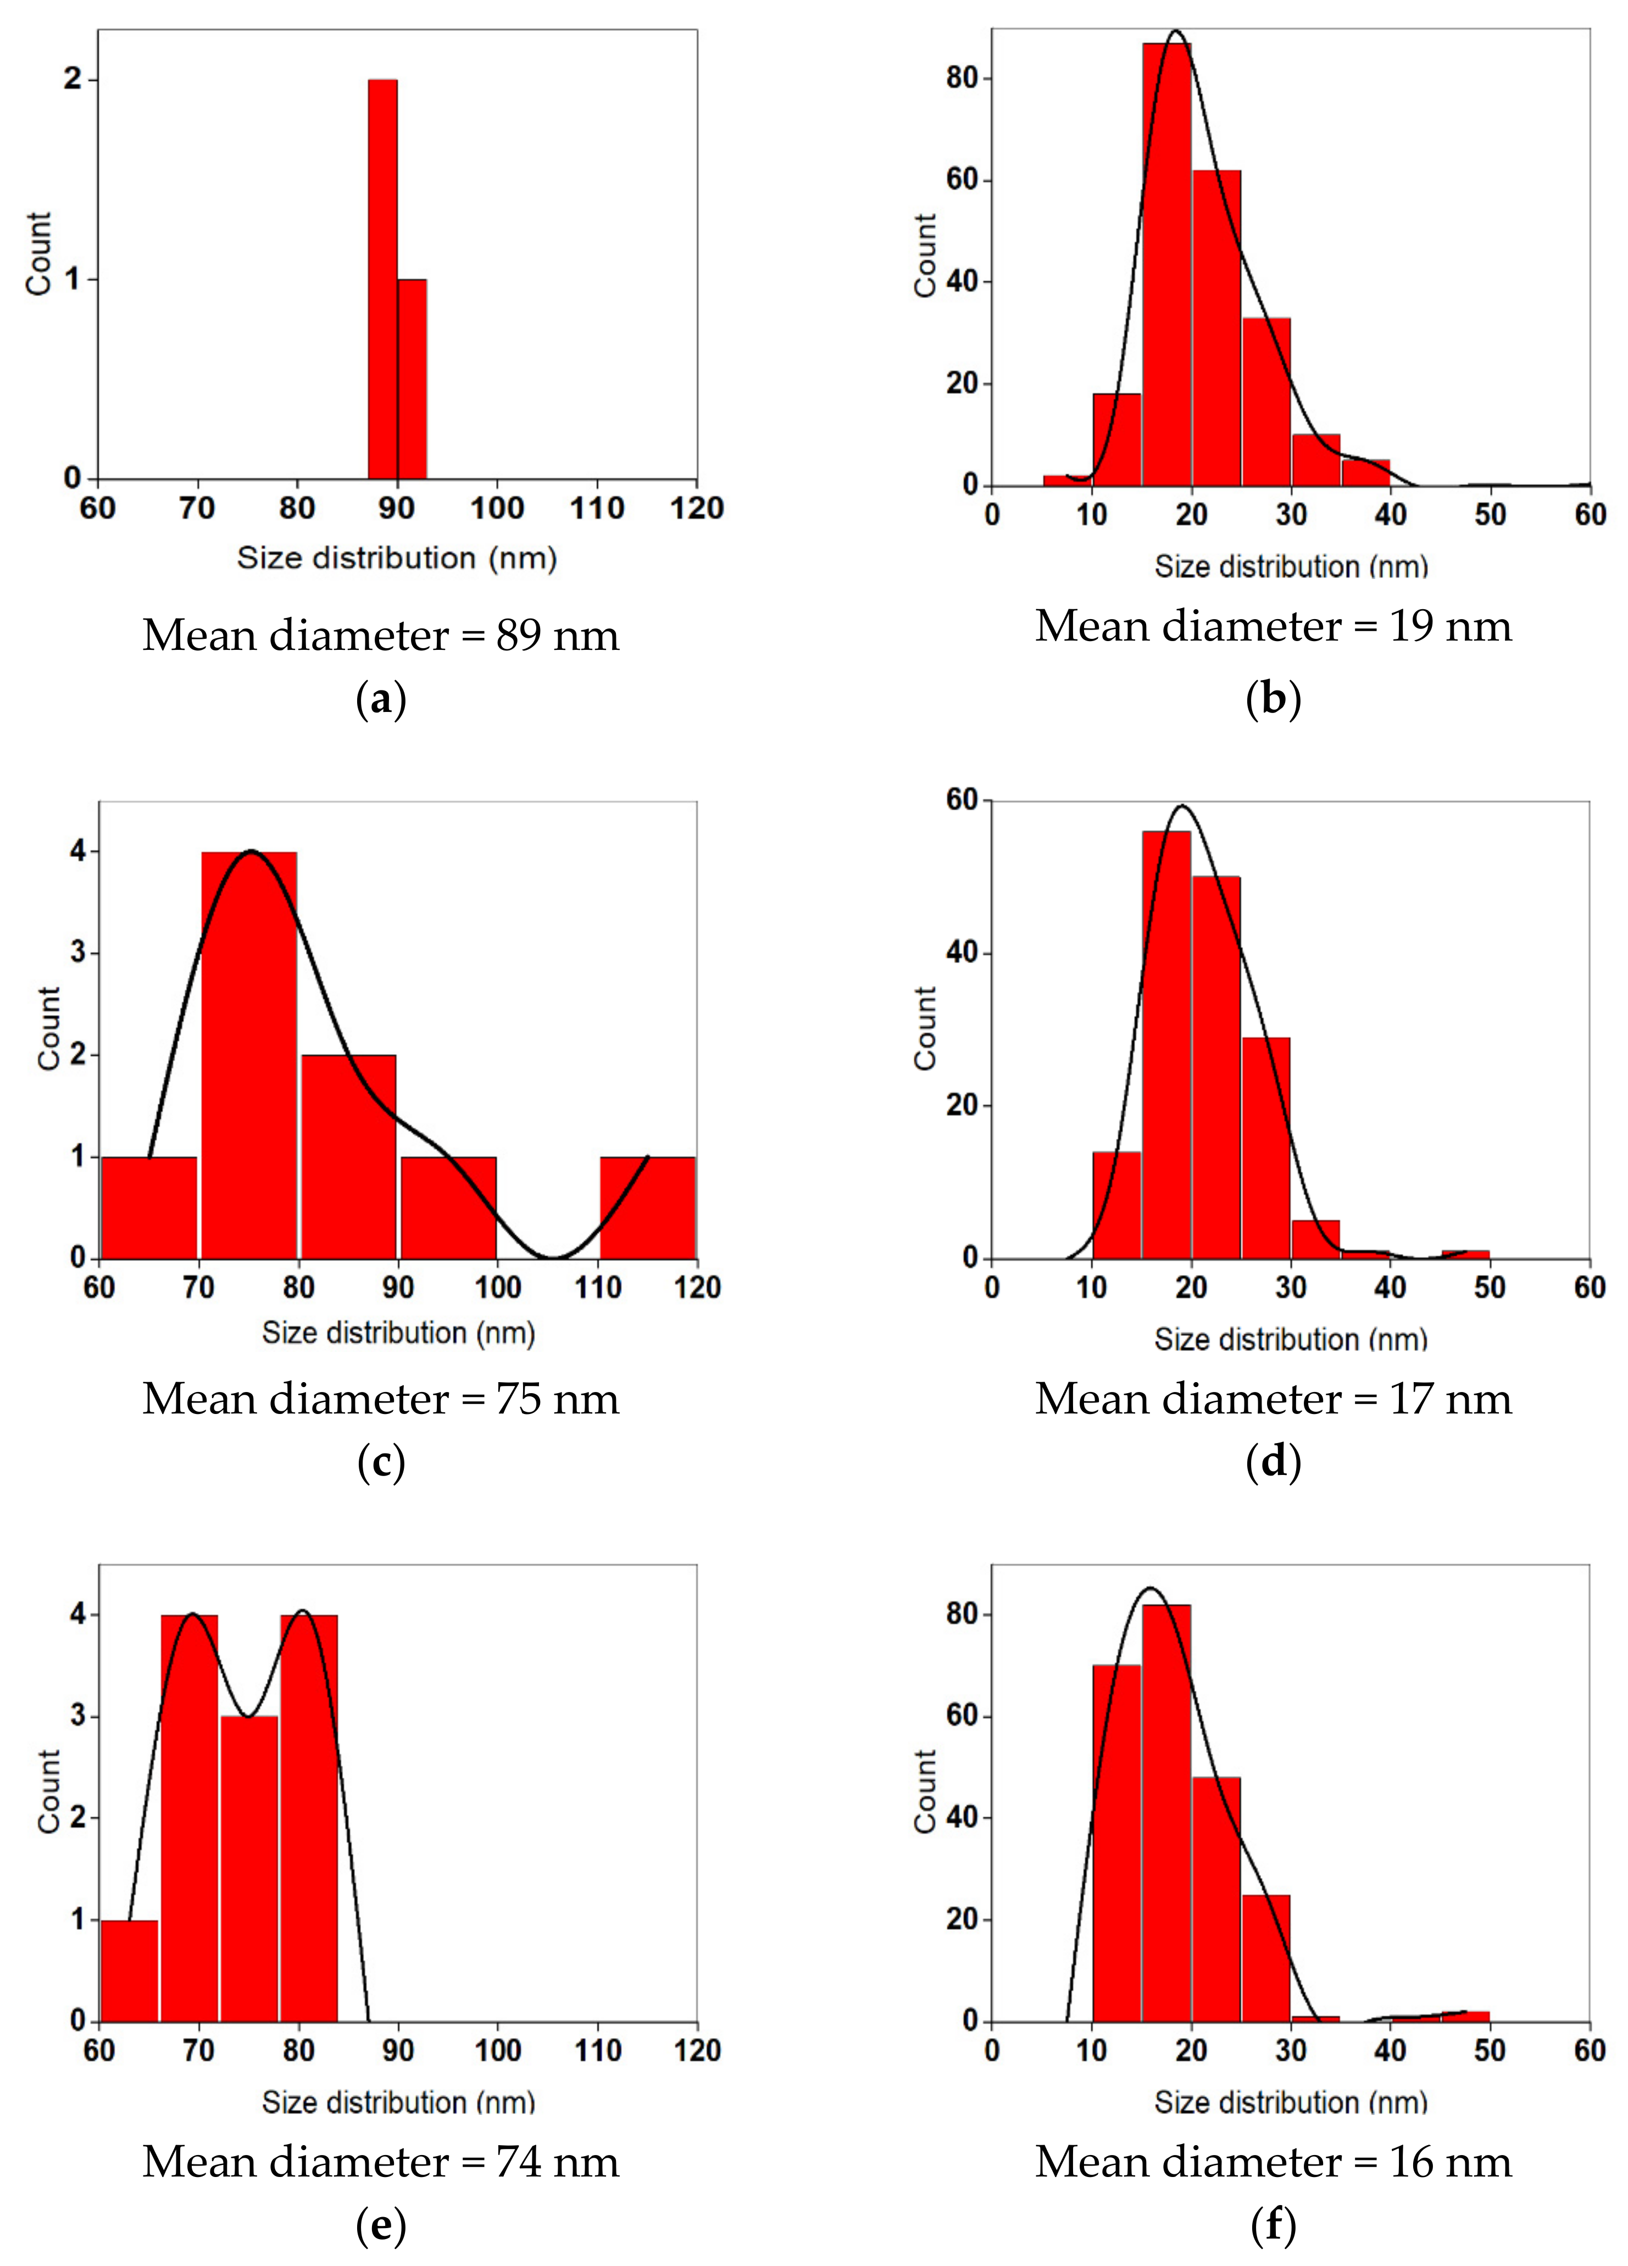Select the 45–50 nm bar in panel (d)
click(1465, 1254)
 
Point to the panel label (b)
click(1273, 699)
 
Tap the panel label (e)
click(381, 2225)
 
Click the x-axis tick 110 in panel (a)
click(597, 509)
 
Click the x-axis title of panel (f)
click(1290, 2102)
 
